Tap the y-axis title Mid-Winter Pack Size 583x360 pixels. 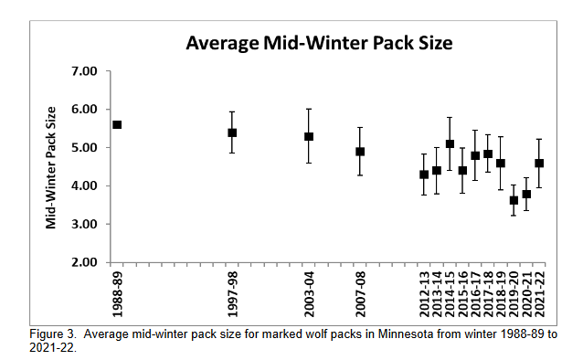coord(51,166)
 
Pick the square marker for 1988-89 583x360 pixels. coord(117,124)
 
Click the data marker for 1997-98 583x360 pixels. coord(232,132)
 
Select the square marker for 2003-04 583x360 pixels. coord(309,136)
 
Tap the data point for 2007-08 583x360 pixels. coord(360,152)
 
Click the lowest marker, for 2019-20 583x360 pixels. coord(514,200)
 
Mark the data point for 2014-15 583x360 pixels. coord(450,143)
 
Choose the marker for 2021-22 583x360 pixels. coord(539,163)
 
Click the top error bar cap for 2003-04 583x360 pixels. coord(309,109)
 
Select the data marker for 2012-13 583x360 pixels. coord(424,175)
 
